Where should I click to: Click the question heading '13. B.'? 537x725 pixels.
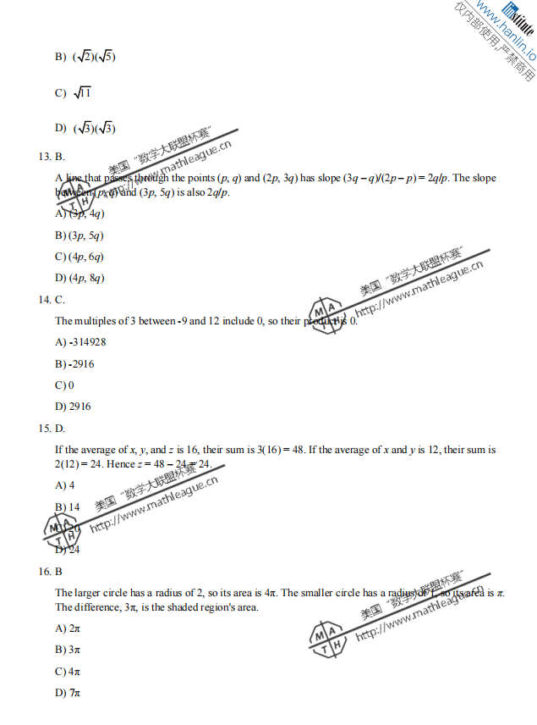tap(52, 157)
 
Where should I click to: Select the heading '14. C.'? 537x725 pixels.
tap(52, 300)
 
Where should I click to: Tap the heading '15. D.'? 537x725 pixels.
tap(52, 429)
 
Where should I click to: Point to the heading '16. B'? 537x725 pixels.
tap(51, 572)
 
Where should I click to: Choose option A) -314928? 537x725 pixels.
tap(80, 342)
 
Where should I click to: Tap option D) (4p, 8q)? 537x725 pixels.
tap(79, 278)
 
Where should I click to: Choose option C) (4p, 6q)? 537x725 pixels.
tap(79, 257)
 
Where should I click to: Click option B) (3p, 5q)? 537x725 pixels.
tap(79, 235)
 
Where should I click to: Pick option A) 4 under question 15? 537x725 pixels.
tap(65, 485)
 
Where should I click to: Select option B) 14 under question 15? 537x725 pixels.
tap(68, 506)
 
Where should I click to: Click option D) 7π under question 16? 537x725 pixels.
tap(68, 693)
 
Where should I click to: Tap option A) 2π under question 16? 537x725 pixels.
tap(68, 628)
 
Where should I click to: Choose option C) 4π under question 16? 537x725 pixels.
tap(68, 672)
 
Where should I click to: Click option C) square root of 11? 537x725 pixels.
tap(74, 93)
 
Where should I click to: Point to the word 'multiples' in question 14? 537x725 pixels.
tap(92, 321)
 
